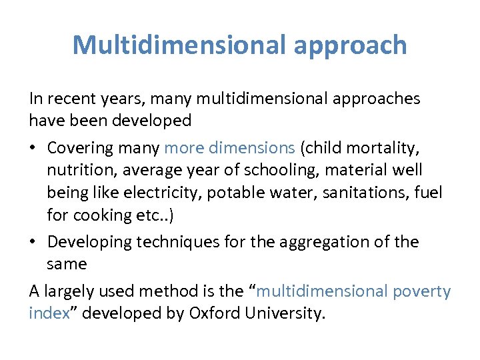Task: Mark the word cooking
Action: (x=107, y=215)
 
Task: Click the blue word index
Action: (x=49, y=313)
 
